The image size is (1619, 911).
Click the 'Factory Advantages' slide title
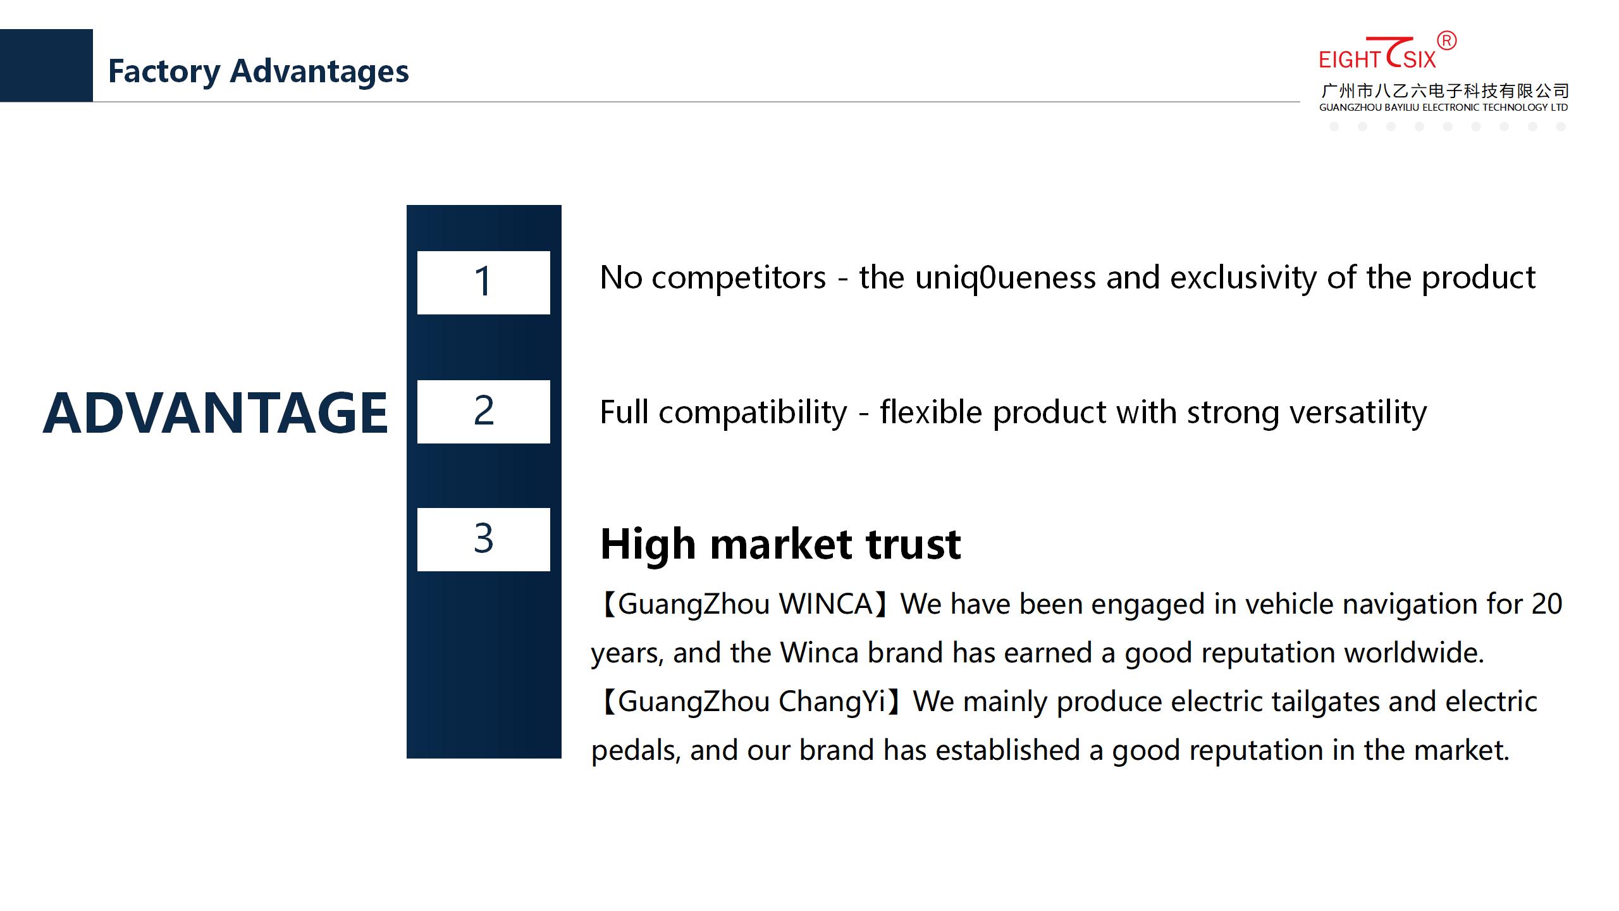click(258, 71)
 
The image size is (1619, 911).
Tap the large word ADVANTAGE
click(215, 413)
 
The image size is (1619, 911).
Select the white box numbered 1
click(484, 283)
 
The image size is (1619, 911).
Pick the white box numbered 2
click(484, 412)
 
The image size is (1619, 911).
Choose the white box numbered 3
click(484, 540)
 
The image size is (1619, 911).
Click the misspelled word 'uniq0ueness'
click(1006, 278)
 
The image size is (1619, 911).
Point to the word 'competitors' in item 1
click(739, 278)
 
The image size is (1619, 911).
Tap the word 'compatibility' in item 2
click(753, 413)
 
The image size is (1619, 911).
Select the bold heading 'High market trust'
click(780, 544)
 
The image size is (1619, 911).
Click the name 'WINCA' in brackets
click(826, 604)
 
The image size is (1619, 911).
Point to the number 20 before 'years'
click(1547, 604)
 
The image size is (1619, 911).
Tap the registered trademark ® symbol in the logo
click(1447, 41)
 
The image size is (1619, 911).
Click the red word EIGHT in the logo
click(1350, 60)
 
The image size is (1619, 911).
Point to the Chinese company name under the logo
click(1444, 91)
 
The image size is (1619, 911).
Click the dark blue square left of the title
click(46, 65)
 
